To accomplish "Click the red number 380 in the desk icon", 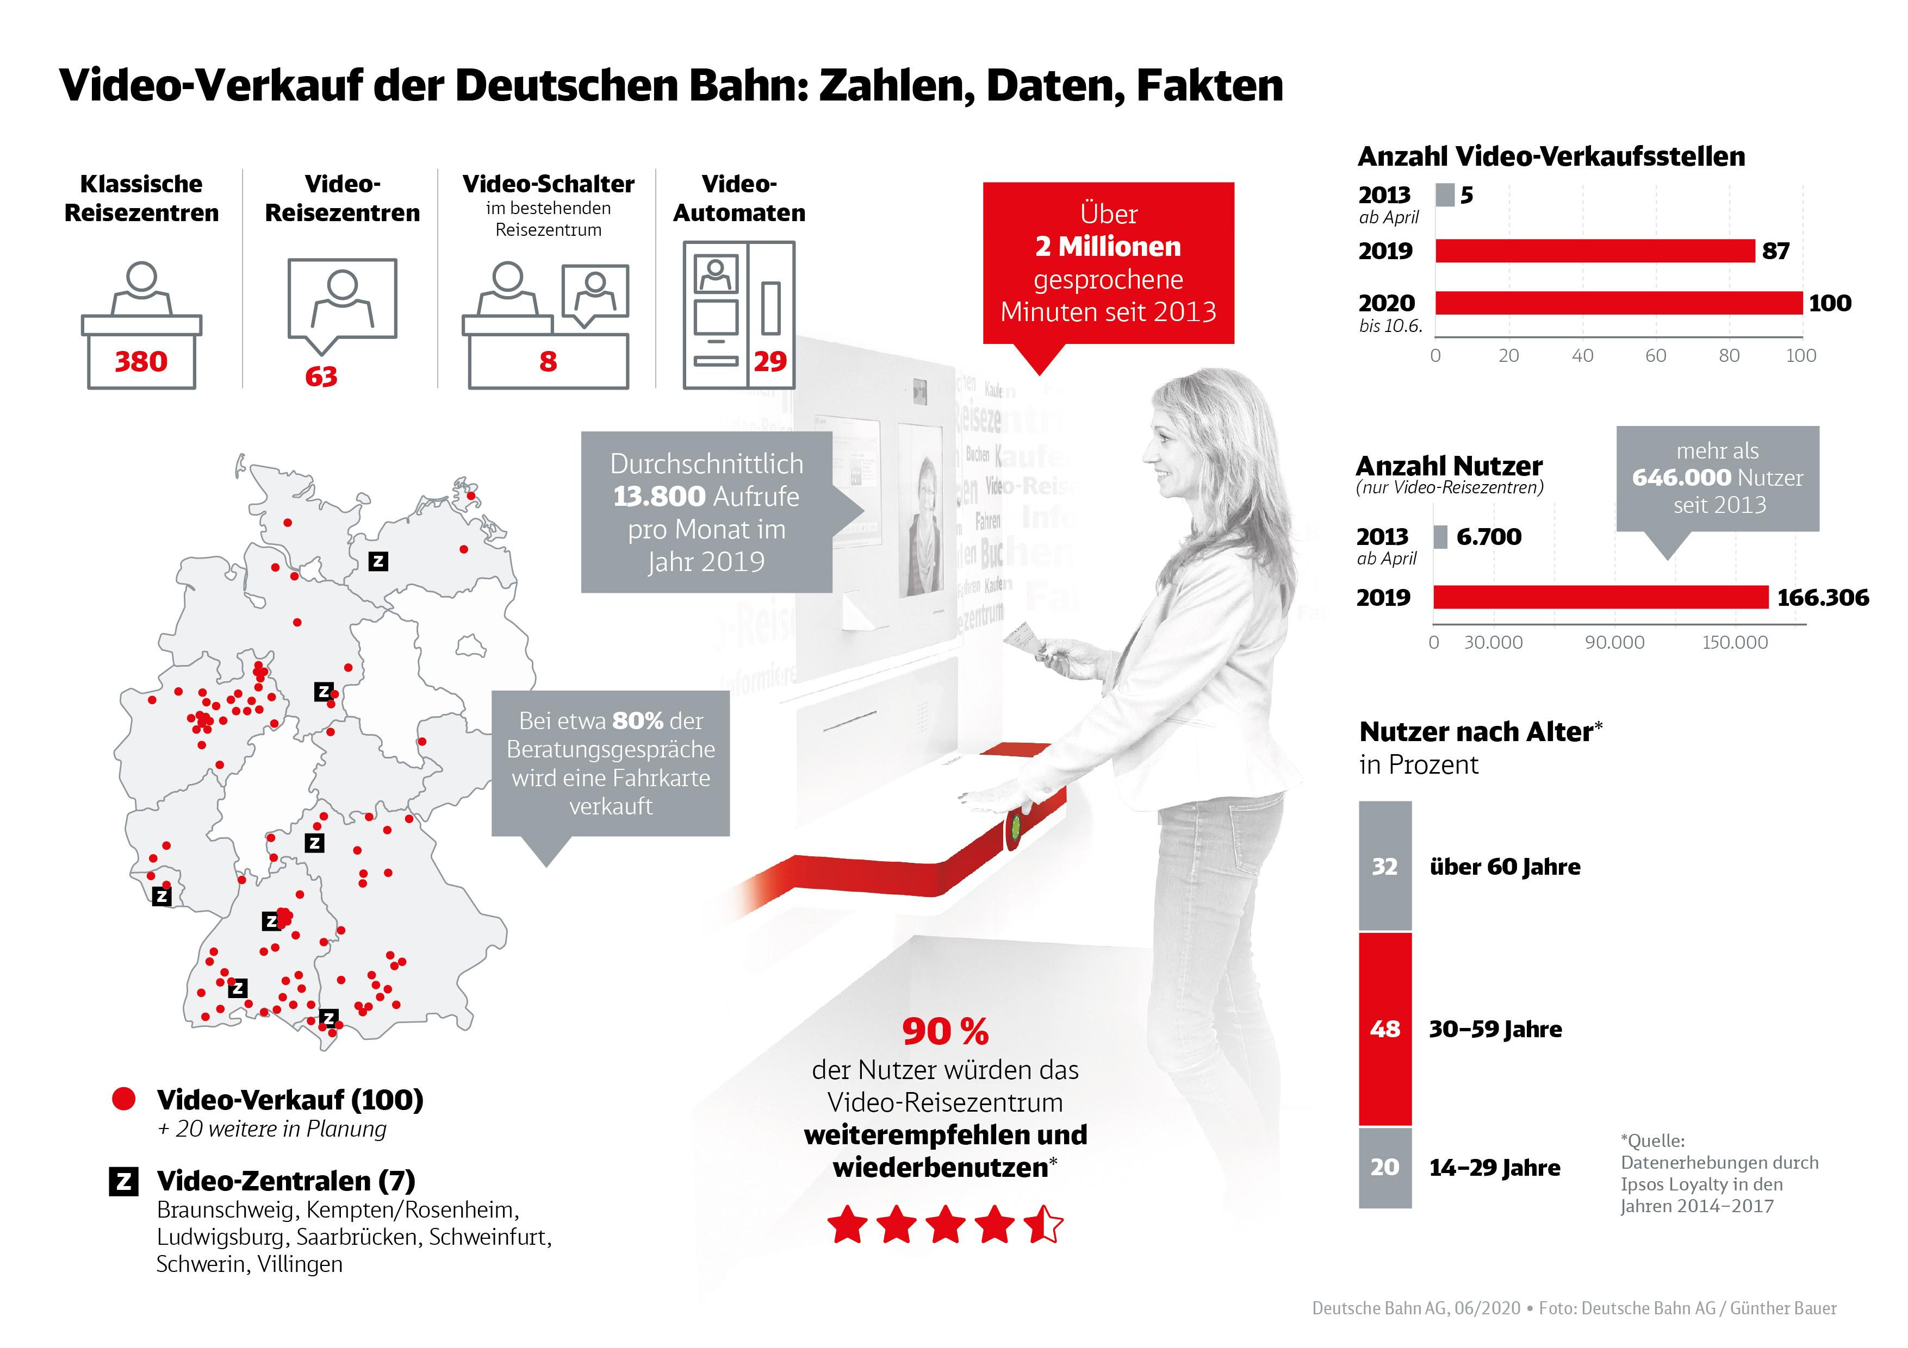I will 141,361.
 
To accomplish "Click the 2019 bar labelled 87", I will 1594,251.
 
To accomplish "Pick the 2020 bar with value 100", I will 1617,303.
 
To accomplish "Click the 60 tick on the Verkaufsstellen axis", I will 1655,355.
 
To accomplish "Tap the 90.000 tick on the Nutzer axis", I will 1614,642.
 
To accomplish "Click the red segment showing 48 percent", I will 1384,1029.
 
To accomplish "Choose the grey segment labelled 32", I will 1384,866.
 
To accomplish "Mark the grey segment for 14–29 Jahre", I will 1384,1167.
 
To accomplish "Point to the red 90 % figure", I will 945,1032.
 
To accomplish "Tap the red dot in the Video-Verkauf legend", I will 124,1099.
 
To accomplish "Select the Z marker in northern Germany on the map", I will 378,561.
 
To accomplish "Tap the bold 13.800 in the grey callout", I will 659,497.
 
